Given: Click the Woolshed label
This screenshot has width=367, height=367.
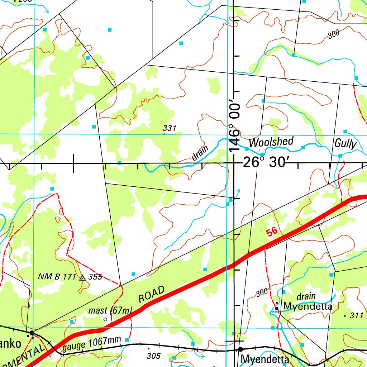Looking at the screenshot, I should click(x=271, y=142).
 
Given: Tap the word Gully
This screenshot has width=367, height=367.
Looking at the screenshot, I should click(x=345, y=144).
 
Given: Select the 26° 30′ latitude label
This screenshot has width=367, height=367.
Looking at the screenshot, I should click(x=265, y=163).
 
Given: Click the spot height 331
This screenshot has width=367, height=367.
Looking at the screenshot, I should click(x=169, y=128).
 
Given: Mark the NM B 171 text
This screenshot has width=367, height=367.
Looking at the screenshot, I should click(x=57, y=277).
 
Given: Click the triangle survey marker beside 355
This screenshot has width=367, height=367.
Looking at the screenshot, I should click(x=82, y=277).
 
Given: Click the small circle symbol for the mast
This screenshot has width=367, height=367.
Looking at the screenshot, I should click(x=105, y=319).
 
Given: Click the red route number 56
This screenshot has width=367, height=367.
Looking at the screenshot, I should click(x=272, y=232).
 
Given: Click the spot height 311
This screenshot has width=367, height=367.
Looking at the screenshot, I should click(x=356, y=316).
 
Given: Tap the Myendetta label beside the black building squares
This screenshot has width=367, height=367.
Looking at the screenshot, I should click(x=308, y=307).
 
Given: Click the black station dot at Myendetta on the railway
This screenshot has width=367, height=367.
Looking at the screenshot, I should click(x=240, y=349).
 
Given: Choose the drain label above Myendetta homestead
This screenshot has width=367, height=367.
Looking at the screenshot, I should click(x=306, y=296).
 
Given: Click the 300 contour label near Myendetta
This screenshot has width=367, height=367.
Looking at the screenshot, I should click(x=262, y=293).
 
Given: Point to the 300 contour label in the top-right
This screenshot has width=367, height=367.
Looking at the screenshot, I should click(x=333, y=34).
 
